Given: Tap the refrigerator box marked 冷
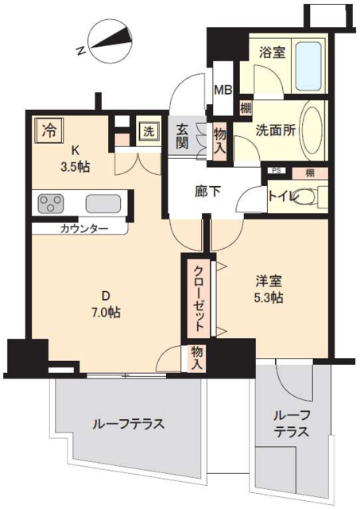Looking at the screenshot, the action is coord(49,130).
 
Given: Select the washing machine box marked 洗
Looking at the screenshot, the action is coord(149,132).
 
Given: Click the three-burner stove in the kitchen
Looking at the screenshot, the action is coord(50,204).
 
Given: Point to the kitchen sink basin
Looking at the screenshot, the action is coord(103,204).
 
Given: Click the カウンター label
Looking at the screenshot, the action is coord(83,229).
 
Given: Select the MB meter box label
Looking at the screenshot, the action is coord(223,90).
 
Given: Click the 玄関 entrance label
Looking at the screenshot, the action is coord(182,137).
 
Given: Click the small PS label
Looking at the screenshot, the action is coord(277,170).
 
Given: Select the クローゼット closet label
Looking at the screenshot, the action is coord(199,298).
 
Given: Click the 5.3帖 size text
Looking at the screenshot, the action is coord(269,298).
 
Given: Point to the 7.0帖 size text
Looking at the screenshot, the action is coord(106,313).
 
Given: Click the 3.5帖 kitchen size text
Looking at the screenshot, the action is coord(75,167).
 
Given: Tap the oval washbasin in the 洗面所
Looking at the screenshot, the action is coord(312,130).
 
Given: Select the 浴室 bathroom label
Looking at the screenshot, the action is coord(273,52).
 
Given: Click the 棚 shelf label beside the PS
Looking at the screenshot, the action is coord(310,173).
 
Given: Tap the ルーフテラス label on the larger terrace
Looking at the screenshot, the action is coord(129,424).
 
